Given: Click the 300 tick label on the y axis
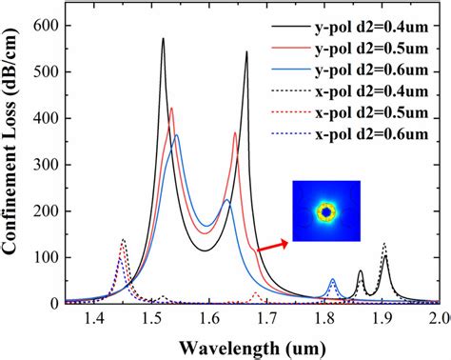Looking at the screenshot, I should click(44, 165).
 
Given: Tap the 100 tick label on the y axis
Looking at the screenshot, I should click(44, 257).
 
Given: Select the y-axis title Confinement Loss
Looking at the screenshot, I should click(13, 162).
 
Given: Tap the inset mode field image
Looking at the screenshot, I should click(326, 211).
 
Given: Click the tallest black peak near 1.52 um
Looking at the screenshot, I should click(163, 39).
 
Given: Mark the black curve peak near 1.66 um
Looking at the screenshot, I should click(246, 52).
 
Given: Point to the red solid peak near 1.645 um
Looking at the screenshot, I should click(235, 133).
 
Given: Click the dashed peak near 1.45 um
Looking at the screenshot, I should click(123, 240).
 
